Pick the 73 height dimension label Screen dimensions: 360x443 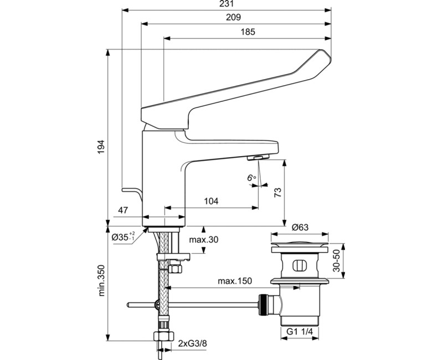tap(278, 192)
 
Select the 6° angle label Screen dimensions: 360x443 tap(251, 178)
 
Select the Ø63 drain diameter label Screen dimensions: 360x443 tap(301, 227)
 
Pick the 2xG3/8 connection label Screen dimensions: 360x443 tap(194, 344)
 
